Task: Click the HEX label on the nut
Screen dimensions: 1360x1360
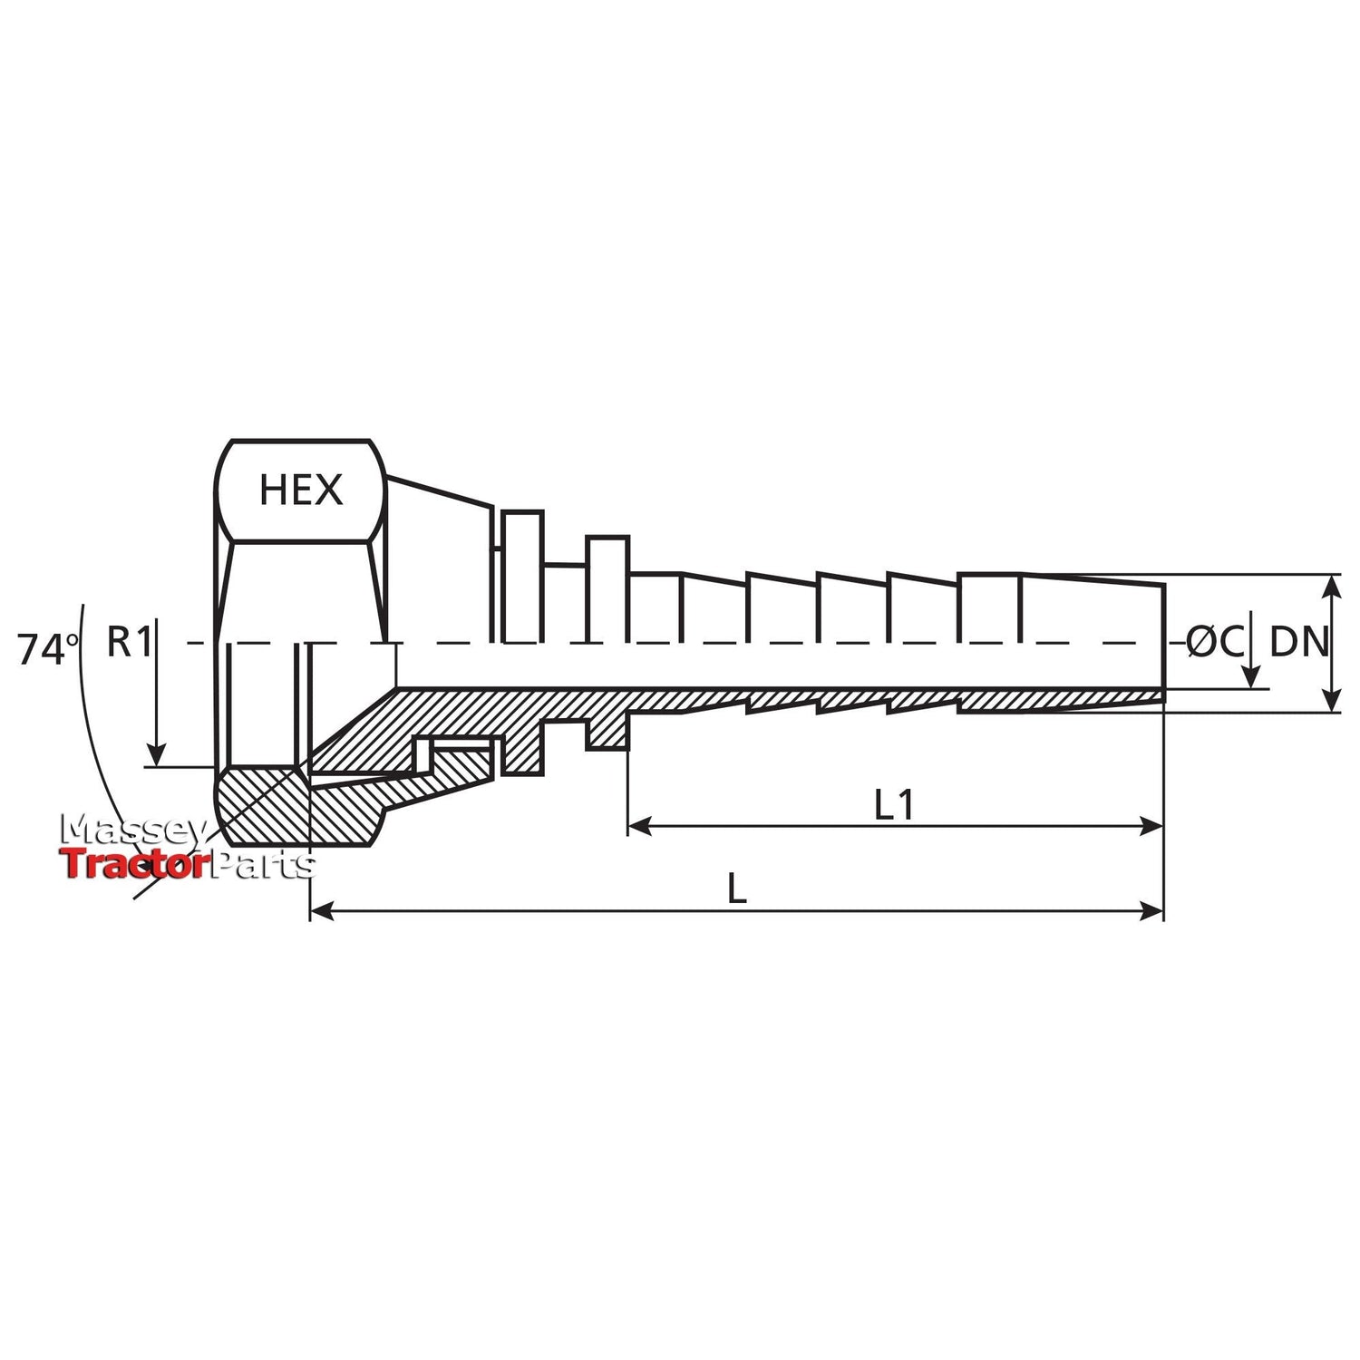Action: [x=301, y=491]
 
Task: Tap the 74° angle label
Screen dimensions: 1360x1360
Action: [x=48, y=650]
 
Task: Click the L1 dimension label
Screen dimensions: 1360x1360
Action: [x=894, y=805]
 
